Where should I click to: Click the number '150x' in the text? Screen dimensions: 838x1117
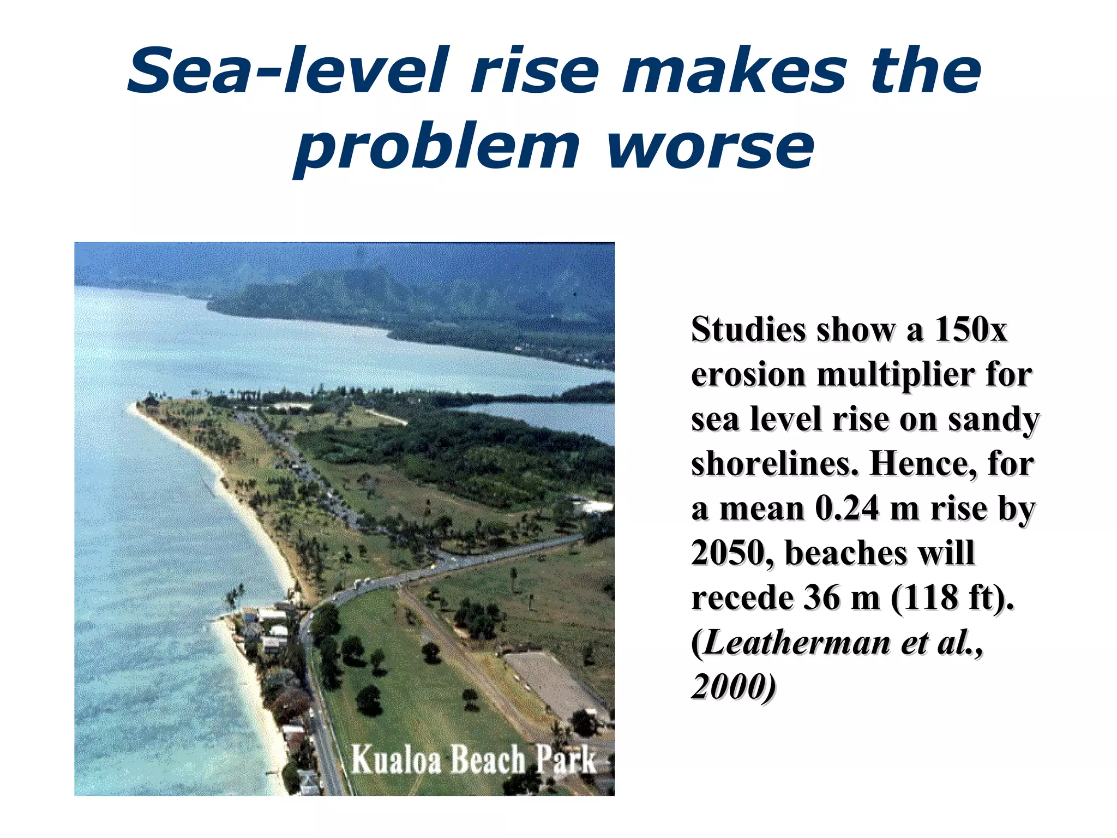[970, 330]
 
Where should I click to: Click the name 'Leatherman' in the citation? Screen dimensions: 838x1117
[797, 642]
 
